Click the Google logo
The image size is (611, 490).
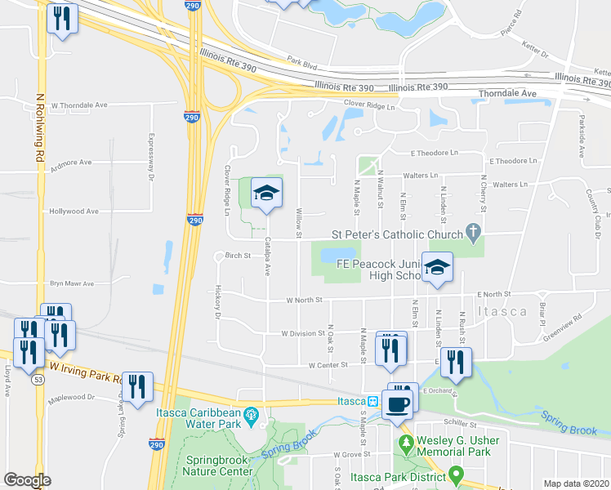[x=27, y=480]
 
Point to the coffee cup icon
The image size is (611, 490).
[x=398, y=405]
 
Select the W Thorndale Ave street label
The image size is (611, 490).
[x=78, y=105]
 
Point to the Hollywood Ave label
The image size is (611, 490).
[x=74, y=211]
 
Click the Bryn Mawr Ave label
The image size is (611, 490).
[x=72, y=283]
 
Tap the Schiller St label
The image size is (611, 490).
[x=460, y=424]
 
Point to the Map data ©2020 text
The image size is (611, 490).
[x=577, y=483]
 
